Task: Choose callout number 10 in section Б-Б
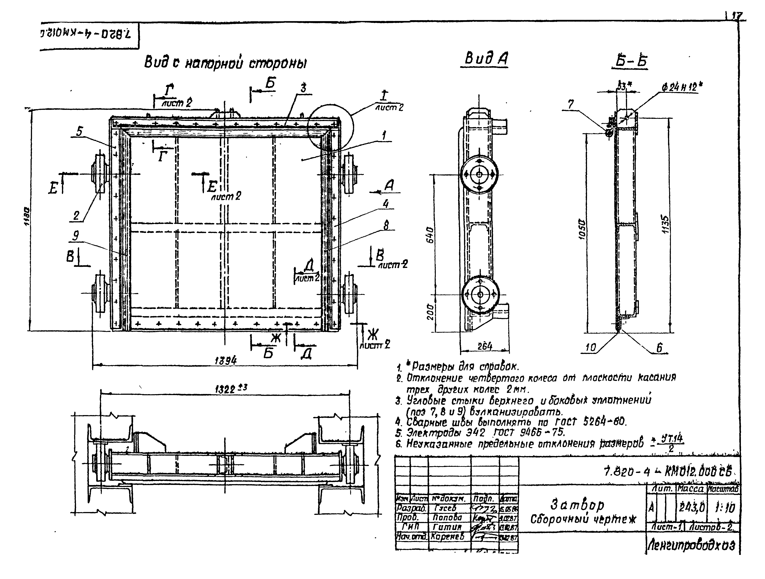point(591,347)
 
